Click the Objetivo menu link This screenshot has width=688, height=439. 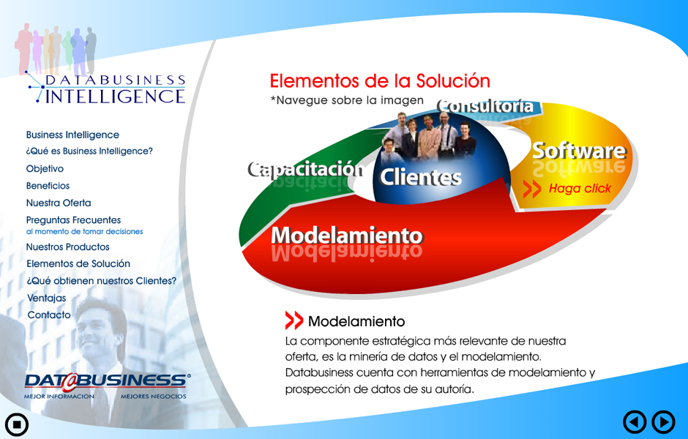coord(45,169)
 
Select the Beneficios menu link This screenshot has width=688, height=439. coord(48,186)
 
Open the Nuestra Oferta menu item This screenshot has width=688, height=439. coord(59,203)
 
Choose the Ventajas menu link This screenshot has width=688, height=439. coord(47,299)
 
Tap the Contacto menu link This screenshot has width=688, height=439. coord(49,315)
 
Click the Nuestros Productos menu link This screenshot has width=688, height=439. coord(67,247)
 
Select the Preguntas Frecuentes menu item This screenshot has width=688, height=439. coord(73,220)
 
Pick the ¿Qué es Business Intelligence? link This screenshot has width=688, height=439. coord(89,151)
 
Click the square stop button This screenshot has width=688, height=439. coord(17,424)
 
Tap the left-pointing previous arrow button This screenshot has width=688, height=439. coord(635,422)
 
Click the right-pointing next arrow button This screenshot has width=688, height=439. coord(663,422)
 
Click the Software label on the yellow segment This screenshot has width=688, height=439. coord(579,151)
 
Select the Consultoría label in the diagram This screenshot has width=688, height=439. coord(485,107)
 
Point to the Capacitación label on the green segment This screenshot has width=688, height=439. coord(306,169)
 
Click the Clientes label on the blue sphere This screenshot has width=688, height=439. coord(420,177)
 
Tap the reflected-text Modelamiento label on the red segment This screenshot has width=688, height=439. coord(347,236)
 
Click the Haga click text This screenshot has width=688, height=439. coord(580,189)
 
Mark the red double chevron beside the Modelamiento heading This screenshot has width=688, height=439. coord(294,320)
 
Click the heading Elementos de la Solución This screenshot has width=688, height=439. coord(380,81)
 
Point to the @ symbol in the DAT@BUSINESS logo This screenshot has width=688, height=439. coord(69,382)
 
